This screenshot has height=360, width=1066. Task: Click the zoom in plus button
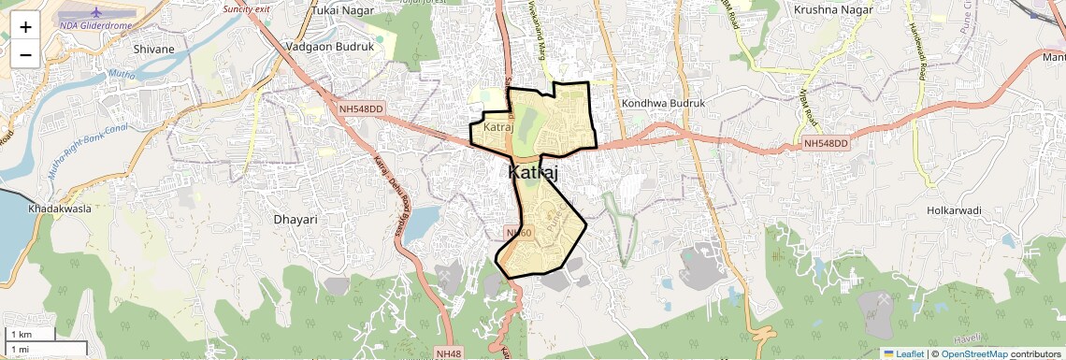coord(25,27)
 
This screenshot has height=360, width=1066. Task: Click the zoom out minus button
coord(25,55)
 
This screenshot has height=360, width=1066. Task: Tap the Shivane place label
coord(154,49)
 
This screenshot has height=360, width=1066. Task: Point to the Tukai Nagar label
coord(338,10)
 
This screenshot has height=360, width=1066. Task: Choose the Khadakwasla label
coord(60,209)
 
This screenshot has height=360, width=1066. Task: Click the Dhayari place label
coord(295,219)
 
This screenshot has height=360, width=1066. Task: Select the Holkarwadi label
coord(955,210)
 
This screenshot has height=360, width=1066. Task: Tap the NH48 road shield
coord(449,353)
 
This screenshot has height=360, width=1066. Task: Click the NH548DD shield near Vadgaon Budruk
coord(362,108)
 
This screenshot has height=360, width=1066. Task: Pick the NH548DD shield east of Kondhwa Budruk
coord(826,143)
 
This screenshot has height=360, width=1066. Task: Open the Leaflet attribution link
coord(903,353)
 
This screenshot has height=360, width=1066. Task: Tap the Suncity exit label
coord(246,8)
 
